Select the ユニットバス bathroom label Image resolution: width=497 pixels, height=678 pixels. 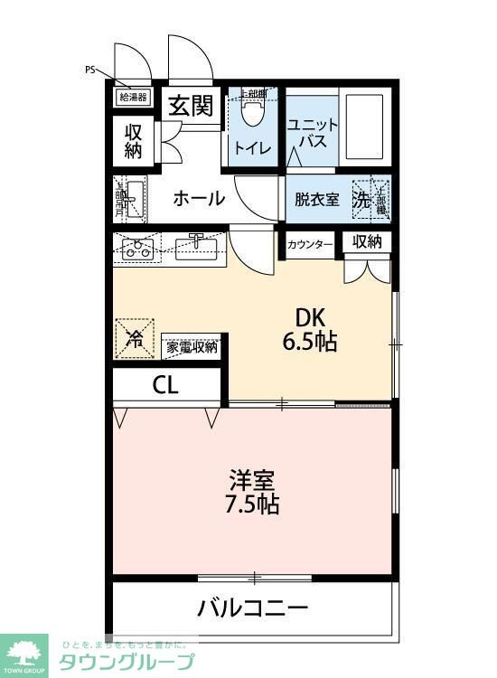tap(312, 135)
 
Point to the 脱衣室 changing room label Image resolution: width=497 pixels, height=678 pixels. tap(317, 200)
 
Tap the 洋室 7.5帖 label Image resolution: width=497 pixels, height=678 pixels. tap(252, 491)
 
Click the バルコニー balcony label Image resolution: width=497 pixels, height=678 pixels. tap(253, 607)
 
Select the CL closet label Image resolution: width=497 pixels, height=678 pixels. tap(165, 385)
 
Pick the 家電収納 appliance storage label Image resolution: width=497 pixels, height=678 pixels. tap(192, 346)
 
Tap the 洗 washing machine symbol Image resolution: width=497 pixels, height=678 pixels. tap(362, 200)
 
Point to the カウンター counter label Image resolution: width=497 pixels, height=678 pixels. tap(310, 244)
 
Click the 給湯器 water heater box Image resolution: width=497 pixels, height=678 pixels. tap(133, 97)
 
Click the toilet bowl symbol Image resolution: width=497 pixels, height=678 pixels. tap(253, 114)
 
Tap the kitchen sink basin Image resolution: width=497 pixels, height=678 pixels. tap(198, 246)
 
